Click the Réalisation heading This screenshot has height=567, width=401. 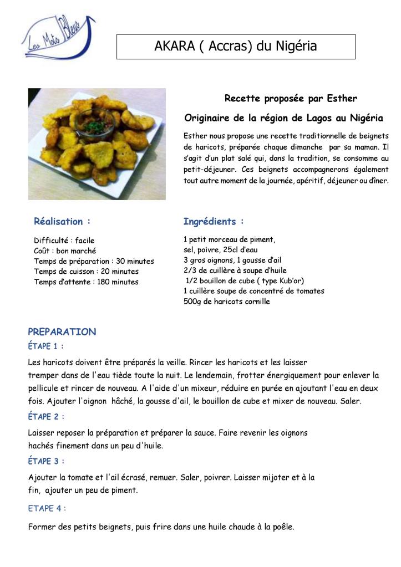pyautogui.click(x=62, y=222)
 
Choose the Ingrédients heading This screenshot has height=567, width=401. pyautogui.click(x=214, y=222)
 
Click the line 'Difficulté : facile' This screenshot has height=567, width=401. pyautogui.click(x=64, y=241)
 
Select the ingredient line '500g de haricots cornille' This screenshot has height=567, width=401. pyautogui.click(x=227, y=302)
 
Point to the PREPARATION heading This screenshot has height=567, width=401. pyautogui.click(x=62, y=332)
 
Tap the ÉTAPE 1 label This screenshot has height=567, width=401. pyautogui.click(x=46, y=346)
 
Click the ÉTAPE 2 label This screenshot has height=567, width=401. pyautogui.click(x=46, y=416)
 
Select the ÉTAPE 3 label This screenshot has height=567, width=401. pyautogui.click(x=46, y=461)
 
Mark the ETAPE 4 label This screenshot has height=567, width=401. pyautogui.click(x=47, y=508)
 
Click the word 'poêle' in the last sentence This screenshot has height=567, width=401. pyautogui.click(x=282, y=527)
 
